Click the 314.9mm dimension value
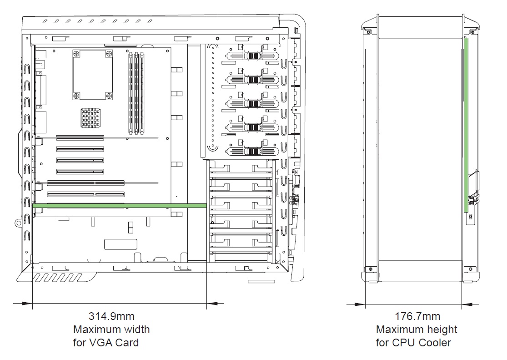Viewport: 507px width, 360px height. coord(111,316)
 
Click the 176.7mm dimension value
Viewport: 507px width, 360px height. coord(417,316)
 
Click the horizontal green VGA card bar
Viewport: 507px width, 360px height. coord(120,206)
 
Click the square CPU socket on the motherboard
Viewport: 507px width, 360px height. coord(93,75)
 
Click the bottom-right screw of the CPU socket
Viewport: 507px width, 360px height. coord(109,95)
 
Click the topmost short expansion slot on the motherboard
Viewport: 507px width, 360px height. coord(80,137)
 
